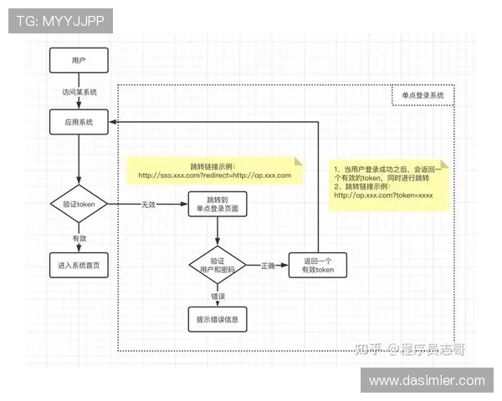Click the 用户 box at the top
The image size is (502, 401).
click(79, 61)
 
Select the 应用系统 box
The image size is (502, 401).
click(79, 122)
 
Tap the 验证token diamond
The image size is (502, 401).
click(79, 204)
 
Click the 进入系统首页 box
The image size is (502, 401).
click(79, 266)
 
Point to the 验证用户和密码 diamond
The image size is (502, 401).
click(217, 266)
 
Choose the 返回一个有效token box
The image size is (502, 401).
click(317, 266)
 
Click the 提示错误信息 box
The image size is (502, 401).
click(217, 318)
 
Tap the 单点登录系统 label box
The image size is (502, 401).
click(423, 95)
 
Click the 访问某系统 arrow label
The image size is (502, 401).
click(79, 92)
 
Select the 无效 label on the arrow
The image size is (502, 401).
click(149, 204)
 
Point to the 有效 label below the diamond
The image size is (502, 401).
click(79, 237)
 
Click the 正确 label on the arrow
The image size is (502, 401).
click(267, 266)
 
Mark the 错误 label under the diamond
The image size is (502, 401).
click(217, 296)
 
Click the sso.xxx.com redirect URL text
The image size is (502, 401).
click(214, 175)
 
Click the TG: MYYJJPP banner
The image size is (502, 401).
click(60, 21)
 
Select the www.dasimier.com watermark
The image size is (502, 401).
click(427, 380)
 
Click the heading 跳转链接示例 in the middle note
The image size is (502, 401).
click(214, 165)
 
